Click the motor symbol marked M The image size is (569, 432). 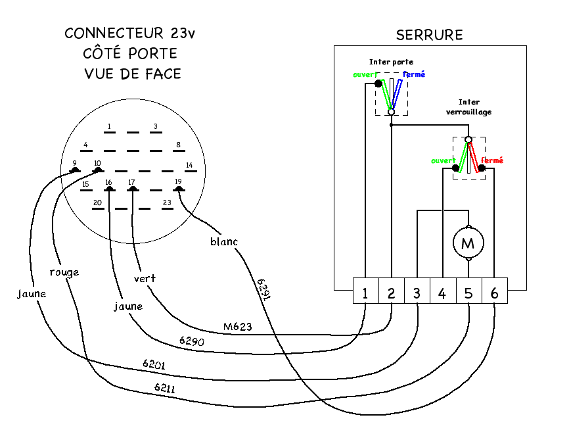coord(468,243)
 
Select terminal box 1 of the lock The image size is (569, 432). coord(365,293)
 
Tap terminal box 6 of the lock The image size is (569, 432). coord(494,293)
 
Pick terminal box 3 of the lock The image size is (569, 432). coord(417,293)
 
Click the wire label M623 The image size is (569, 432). coord(238,325)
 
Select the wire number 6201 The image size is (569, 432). coord(154,364)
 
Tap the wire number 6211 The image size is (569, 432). coord(166,387)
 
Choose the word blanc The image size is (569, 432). coord(224,241)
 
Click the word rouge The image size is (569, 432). coord(64,272)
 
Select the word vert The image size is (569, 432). coord(145,278)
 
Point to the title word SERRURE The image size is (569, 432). coord(429,35)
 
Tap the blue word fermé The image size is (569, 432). coord(414,74)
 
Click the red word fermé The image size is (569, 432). coord(492,160)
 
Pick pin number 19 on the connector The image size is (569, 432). coord(178,181)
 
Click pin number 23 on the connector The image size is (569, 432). coord(167,203)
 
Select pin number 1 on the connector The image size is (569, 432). coord(110,126)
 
